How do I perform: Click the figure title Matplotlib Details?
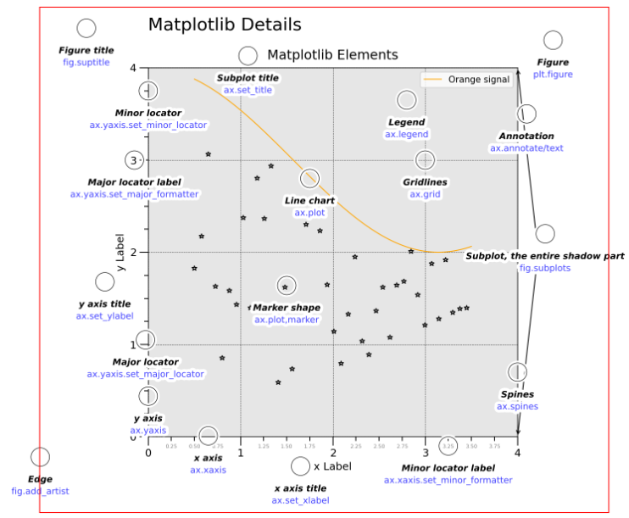pyautogui.click(x=225, y=25)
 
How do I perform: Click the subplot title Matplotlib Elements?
pyautogui.click(x=332, y=55)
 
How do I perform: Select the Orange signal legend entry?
pyautogui.click(x=478, y=80)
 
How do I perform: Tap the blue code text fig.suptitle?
pyautogui.click(x=86, y=63)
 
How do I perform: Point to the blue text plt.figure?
pyautogui.click(x=552, y=75)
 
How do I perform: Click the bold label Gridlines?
pyautogui.click(x=425, y=182)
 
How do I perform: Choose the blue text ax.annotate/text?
pyautogui.click(x=526, y=148)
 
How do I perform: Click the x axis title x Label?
pyautogui.click(x=332, y=465)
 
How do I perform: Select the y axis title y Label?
pyautogui.click(x=121, y=252)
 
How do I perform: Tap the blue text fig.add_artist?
pyautogui.click(x=40, y=491)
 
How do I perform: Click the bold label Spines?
pyautogui.click(x=517, y=394)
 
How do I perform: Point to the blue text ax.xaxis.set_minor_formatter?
pyautogui.click(x=448, y=480)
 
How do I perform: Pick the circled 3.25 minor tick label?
pyautogui.click(x=448, y=445)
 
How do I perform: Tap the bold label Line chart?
pyautogui.click(x=309, y=201)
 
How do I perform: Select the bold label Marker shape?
pyautogui.click(x=287, y=308)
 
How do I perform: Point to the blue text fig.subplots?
pyautogui.click(x=545, y=268)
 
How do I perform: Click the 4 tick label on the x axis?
pyautogui.click(x=517, y=453)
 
